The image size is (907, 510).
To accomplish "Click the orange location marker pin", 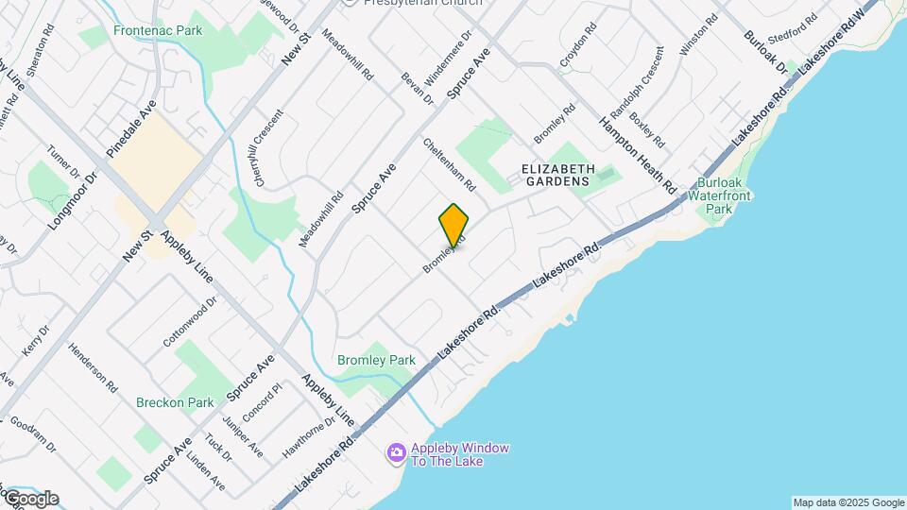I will pos(454,224).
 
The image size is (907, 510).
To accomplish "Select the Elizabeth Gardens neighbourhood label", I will pos(556,174).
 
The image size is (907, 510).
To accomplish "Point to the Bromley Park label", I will pos(377,360).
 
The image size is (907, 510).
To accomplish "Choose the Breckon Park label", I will pos(175,402).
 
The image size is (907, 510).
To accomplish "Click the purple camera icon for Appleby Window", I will pos(397,454).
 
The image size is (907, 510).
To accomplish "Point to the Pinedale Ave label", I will pos(130,128).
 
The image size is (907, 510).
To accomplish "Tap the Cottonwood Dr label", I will pos(190,321).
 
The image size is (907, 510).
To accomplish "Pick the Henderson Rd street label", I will pos(93,367).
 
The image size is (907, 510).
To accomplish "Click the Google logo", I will pos(31,499).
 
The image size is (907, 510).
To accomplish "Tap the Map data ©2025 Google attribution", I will pos(848,502).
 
